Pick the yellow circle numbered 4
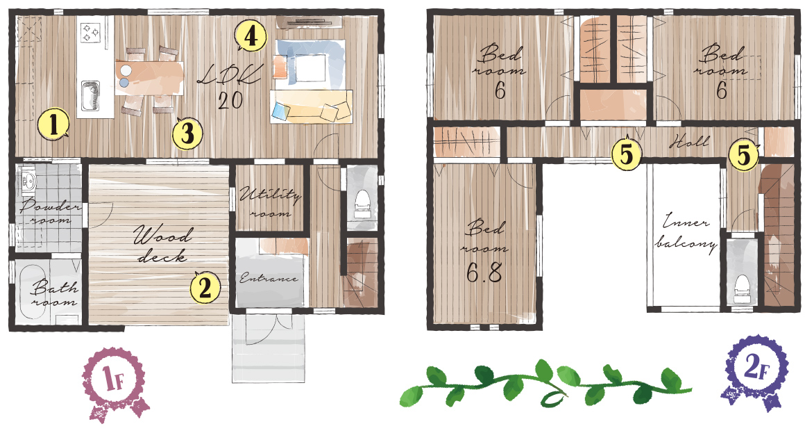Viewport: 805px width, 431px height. point(251,36)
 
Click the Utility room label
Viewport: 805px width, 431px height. point(270,203)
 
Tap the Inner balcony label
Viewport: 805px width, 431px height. point(685,234)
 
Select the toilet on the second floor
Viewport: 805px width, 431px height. point(742,288)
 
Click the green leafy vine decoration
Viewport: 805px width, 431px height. point(545,387)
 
